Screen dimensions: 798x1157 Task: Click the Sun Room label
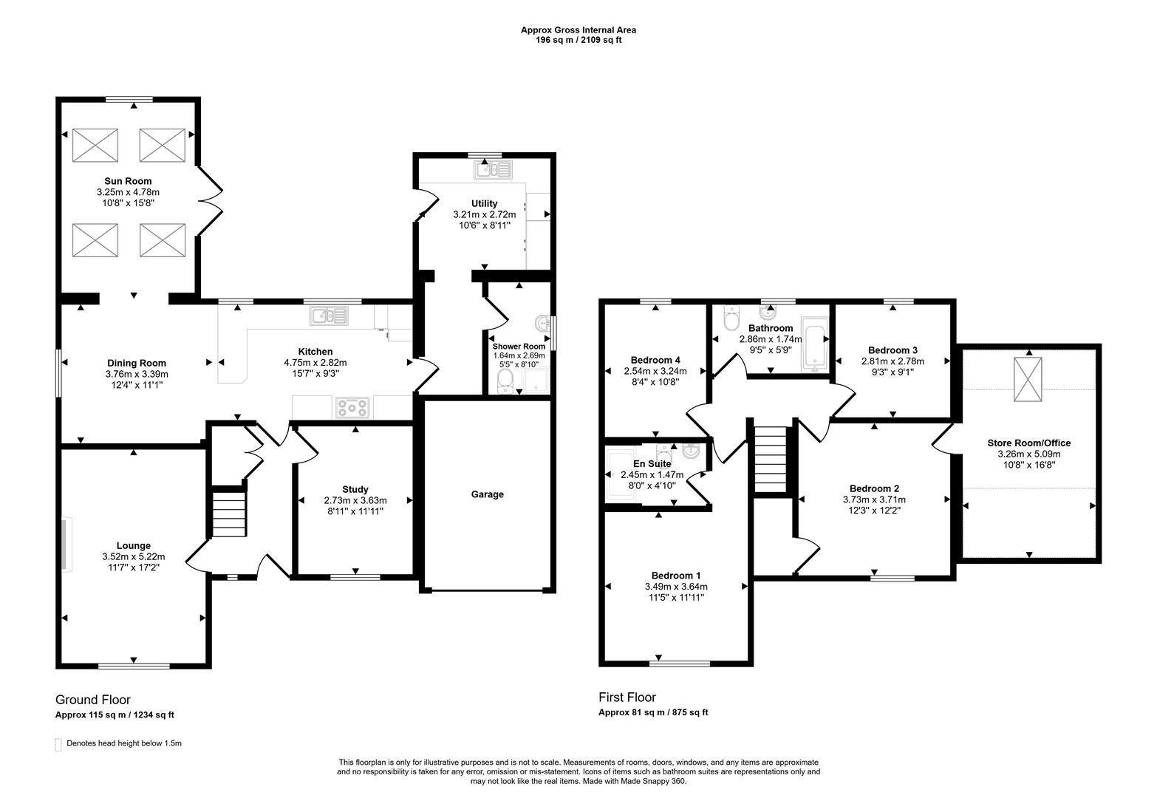[128, 181]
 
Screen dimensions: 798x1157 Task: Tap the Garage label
[487, 494]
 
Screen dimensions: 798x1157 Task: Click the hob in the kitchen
[352, 406]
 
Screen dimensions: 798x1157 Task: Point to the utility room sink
[492, 170]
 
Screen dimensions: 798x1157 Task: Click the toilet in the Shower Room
[506, 380]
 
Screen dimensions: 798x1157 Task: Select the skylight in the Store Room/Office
[1027, 379]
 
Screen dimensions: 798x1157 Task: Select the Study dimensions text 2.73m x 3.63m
[355, 500]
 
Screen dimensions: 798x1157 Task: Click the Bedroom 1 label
[676, 576]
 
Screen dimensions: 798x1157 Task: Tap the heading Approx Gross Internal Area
[578, 30]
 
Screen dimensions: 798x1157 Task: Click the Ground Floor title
[93, 700]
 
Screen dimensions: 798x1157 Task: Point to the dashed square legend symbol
[58, 744]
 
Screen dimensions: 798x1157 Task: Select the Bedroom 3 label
[893, 350]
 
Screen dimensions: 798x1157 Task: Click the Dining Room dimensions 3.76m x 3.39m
[137, 374]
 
